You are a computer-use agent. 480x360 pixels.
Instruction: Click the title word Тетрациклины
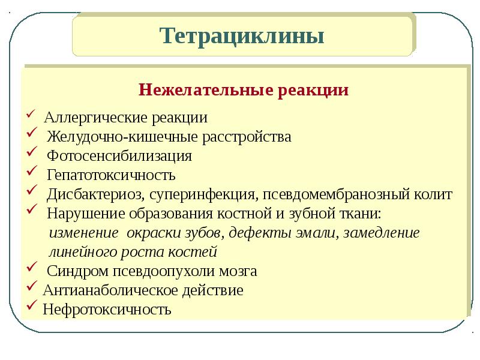point(242,36)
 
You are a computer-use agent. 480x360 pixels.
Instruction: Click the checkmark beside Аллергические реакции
point(31,114)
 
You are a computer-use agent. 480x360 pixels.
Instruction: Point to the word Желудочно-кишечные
point(123,137)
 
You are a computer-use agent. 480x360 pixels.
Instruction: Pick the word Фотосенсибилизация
point(119,157)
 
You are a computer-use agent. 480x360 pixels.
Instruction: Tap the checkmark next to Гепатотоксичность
point(32,171)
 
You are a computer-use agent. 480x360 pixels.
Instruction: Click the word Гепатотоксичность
point(111,175)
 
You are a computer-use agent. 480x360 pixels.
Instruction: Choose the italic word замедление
point(382,233)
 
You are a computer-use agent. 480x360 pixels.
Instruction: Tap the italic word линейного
point(83,252)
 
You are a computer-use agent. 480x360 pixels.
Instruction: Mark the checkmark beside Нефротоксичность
point(32,305)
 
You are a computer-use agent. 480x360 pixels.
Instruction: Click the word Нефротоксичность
point(107,310)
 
